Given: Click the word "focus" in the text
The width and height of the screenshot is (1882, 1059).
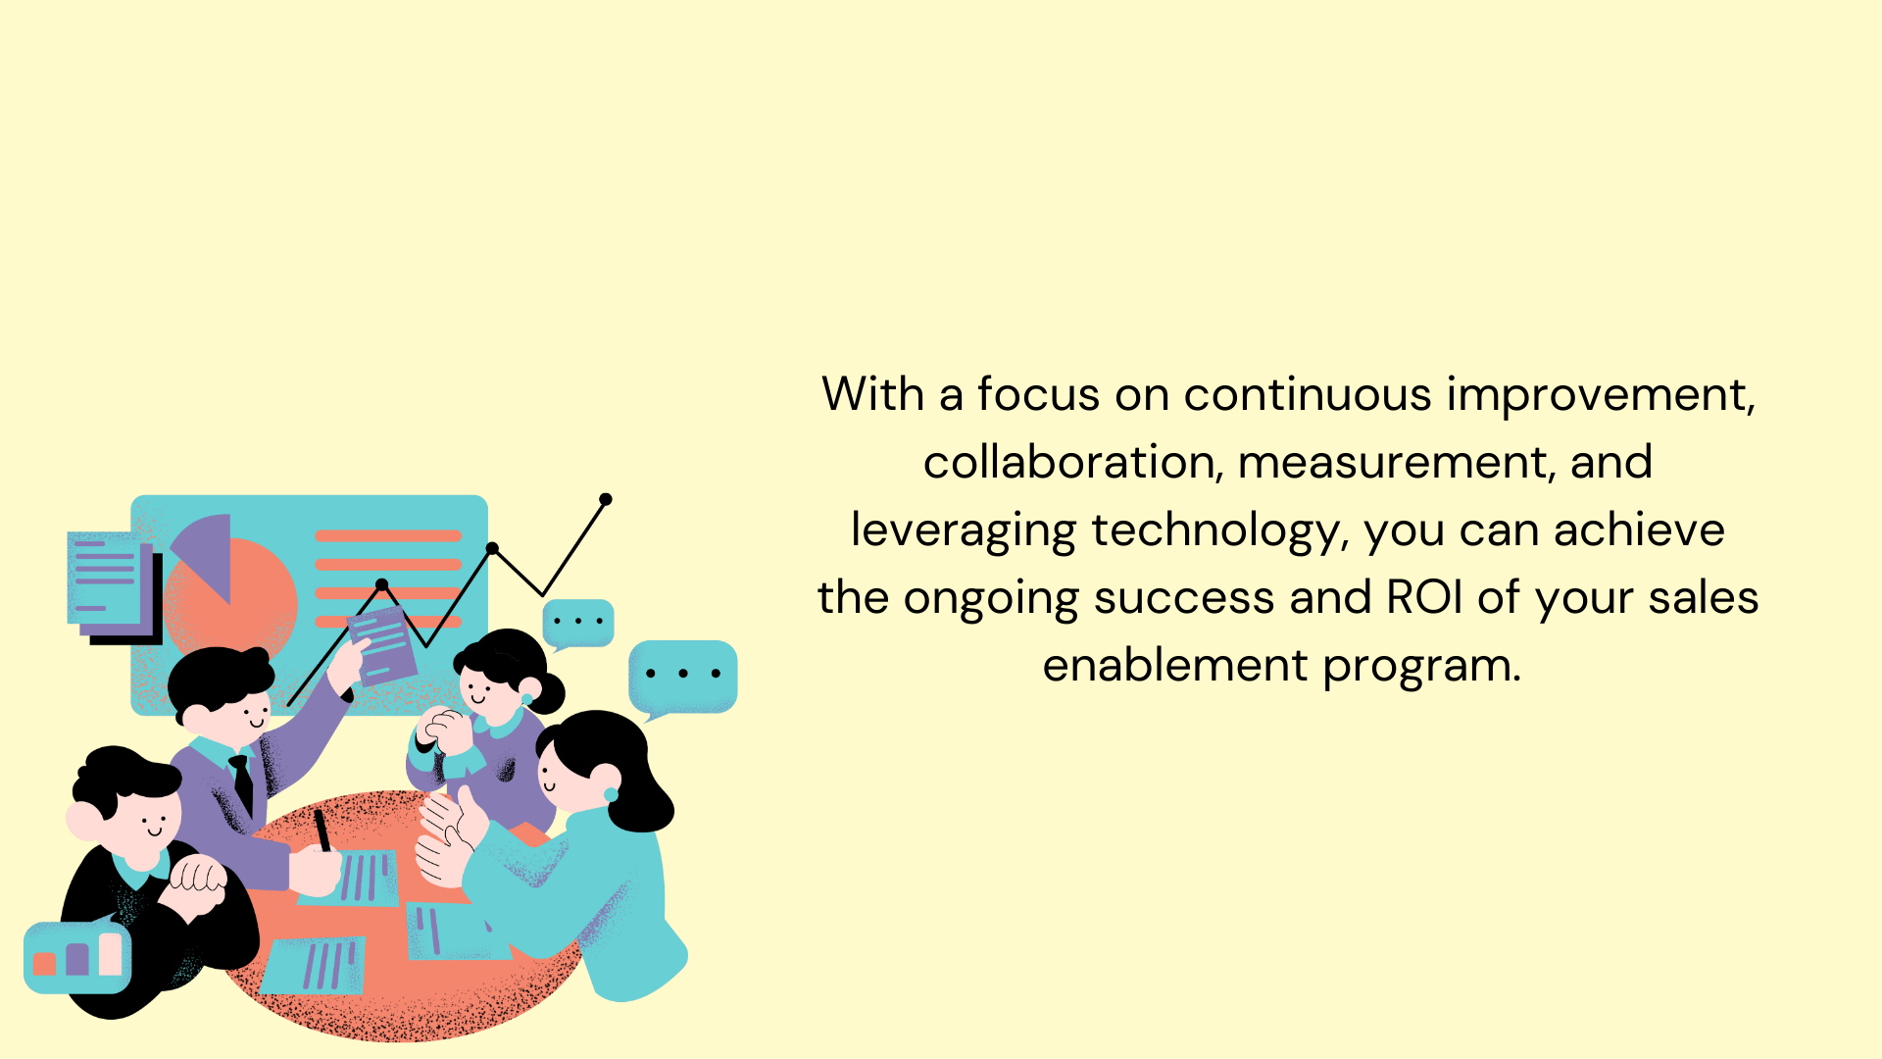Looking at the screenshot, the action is [1038, 394].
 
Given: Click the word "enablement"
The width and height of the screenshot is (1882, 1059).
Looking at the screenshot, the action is [1174, 665].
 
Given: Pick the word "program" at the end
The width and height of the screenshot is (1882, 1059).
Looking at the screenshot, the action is [1422, 668].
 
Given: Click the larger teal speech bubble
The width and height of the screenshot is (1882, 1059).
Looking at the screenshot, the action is [682, 677].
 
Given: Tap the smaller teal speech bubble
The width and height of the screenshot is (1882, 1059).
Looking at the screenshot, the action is [578, 624].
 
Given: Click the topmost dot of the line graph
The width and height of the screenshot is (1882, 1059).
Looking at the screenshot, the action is [606, 499].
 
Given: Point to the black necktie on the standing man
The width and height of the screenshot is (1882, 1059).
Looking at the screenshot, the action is [242, 782].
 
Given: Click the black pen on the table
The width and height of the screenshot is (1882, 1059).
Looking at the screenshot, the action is [322, 830].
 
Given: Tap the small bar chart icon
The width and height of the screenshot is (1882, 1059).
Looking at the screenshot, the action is [77, 957].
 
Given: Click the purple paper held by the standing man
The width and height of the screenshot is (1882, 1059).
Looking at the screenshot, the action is [383, 643].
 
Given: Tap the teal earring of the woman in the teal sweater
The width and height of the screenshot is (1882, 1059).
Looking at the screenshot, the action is [611, 794].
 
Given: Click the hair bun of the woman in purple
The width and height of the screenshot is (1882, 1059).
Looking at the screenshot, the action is [546, 692].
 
